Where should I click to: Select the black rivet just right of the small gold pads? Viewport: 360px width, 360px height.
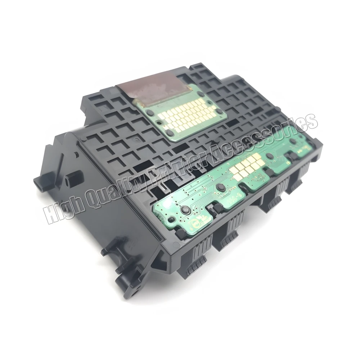(268, 156)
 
